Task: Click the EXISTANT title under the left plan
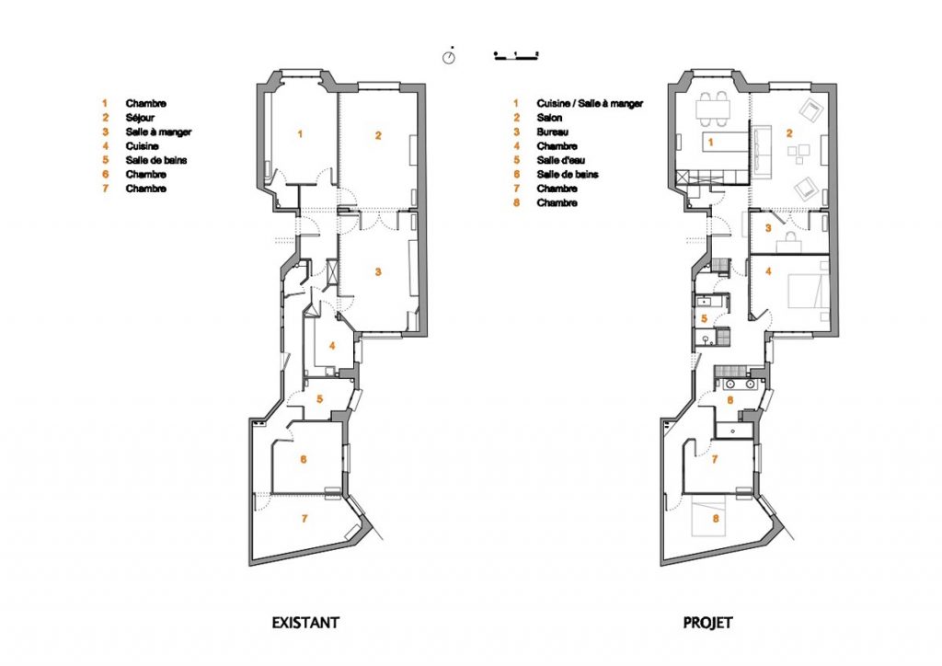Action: [x=305, y=622]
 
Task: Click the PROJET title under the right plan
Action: [x=707, y=622]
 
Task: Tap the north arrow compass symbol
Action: [x=449, y=57]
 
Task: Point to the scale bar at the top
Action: [x=516, y=55]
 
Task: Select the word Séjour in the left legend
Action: [x=140, y=118]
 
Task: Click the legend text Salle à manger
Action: [x=158, y=132]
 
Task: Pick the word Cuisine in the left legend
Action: [x=143, y=146]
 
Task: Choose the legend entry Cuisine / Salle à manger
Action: [x=590, y=103]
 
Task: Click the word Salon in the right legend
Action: [x=550, y=118]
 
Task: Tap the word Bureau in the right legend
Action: [x=553, y=132]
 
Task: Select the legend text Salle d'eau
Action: [x=560, y=160]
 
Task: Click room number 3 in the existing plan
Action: [x=378, y=272]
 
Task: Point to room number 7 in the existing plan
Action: [x=304, y=518]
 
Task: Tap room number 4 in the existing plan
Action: [x=332, y=346]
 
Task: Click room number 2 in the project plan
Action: [x=789, y=133]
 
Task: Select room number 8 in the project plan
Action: [x=716, y=518]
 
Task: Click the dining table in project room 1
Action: [x=713, y=109]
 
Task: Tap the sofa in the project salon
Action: [x=763, y=152]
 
